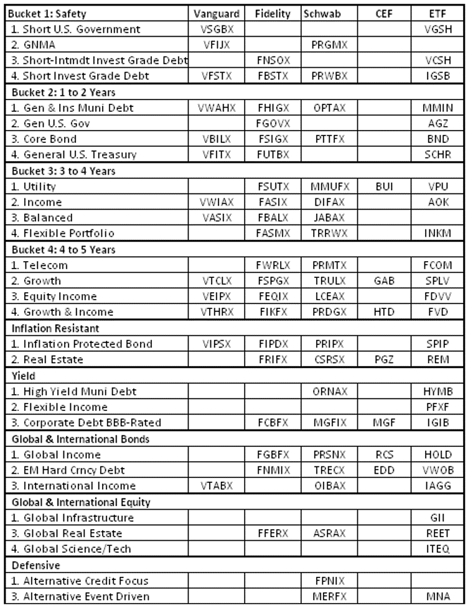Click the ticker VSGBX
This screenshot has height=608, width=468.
pos(213,29)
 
